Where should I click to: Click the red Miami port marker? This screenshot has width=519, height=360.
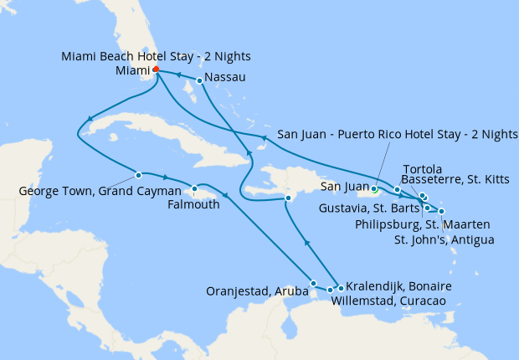coord(157,71)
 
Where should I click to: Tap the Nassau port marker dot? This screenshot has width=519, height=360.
coord(199,81)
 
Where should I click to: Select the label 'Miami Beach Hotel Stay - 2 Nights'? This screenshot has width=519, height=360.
coord(157,56)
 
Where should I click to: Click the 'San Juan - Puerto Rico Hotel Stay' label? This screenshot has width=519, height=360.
coord(398,134)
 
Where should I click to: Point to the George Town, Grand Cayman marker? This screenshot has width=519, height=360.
coord(138,175)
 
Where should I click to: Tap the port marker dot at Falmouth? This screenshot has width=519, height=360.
coord(194,188)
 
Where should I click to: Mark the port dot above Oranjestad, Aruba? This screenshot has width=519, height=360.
coord(313,283)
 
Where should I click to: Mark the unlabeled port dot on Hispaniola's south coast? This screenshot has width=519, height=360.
coord(288,198)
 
